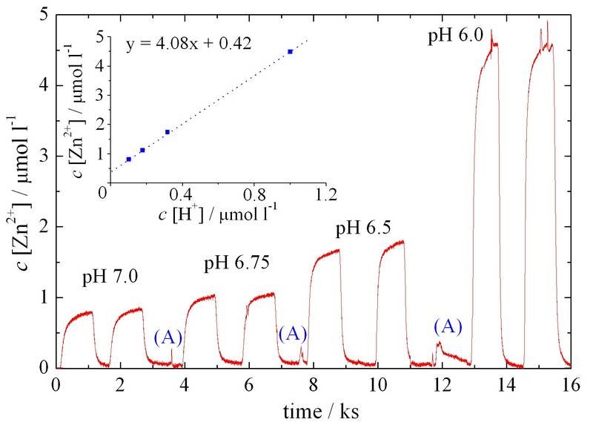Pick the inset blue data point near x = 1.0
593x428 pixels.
pyautogui.click(x=290, y=52)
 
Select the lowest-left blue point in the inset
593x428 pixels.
pyautogui.click(x=129, y=159)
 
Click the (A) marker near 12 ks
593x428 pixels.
pyautogui.click(x=448, y=325)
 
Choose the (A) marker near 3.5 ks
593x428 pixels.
pyautogui.click(x=168, y=338)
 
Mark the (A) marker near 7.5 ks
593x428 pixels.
pyautogui.click(x=293, y=334)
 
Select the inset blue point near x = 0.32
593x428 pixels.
pyautogui.click(x=168, y=132)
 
